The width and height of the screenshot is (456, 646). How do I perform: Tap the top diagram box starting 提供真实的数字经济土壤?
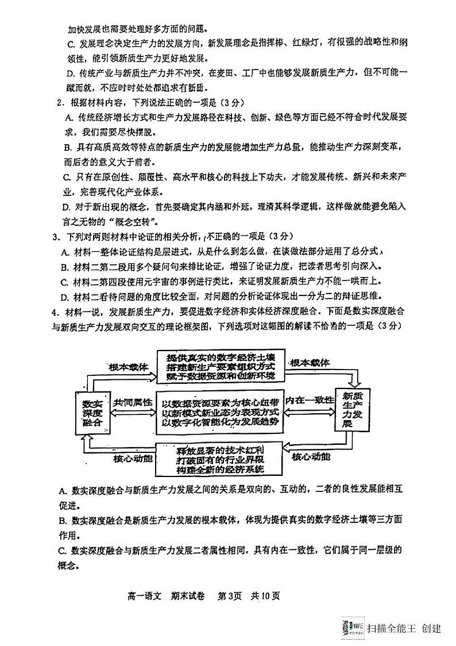pos(218,366)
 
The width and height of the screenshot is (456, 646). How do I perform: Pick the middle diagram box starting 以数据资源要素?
pos(221,412)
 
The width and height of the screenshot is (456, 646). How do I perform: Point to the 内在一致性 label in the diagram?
pos(310,400)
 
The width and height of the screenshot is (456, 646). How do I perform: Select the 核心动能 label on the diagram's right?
pos(311,457)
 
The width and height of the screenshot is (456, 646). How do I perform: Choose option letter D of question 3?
pos(64,297)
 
